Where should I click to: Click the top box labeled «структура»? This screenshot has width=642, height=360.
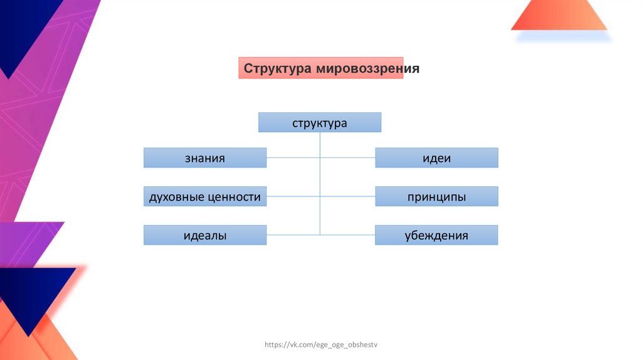tap(320, 122)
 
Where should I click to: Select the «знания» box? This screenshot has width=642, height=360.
tap(205, 158)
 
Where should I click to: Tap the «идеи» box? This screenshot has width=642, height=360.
tap(436, 158)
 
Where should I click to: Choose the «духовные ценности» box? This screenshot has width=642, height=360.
tap(205, 197)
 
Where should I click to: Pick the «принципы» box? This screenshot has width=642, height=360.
tap(436, 197)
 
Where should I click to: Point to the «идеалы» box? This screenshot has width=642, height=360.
tap(205, 235)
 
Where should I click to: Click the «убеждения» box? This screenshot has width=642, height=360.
tap(436, 235)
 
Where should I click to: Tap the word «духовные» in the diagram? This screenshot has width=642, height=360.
tap(176, 197)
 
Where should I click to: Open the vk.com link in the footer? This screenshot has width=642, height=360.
tap(322, 344)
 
